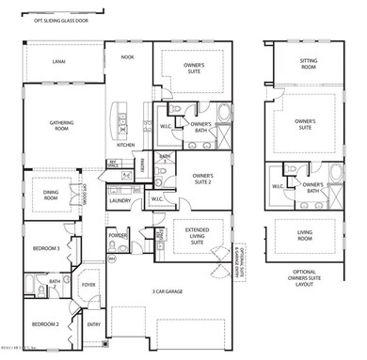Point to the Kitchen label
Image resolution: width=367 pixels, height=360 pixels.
(126, 146)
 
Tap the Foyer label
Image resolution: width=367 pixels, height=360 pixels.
(89, 283)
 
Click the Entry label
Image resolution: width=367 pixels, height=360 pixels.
(93, 324)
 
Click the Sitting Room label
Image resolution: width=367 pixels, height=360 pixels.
(309, 63)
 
